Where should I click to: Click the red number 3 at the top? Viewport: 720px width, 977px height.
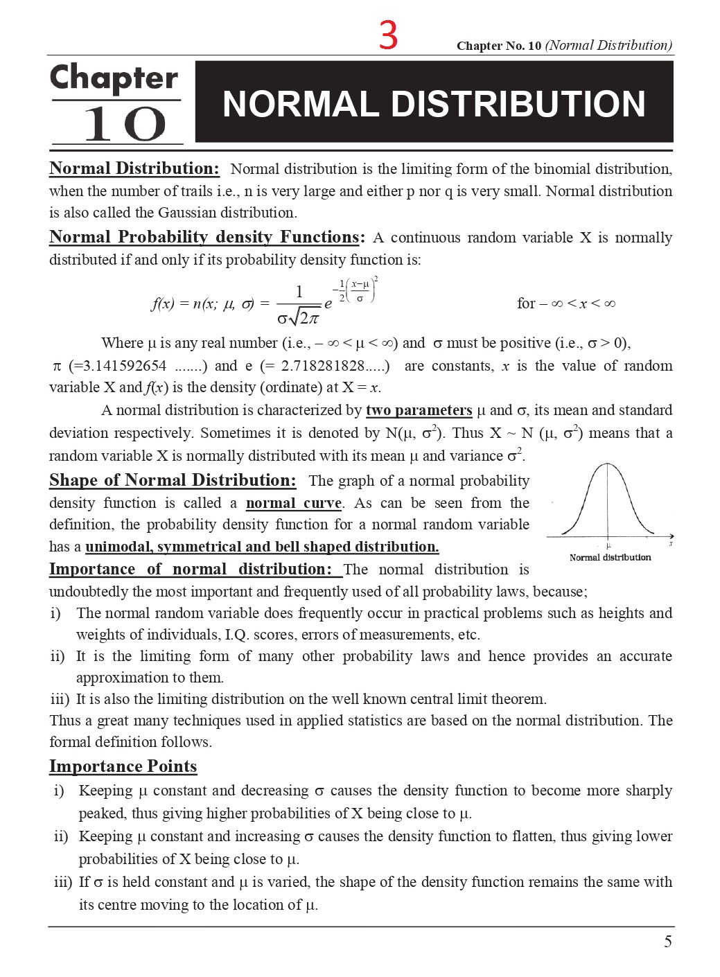click(388, 35)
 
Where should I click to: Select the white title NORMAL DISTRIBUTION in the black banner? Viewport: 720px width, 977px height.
click(434, 104)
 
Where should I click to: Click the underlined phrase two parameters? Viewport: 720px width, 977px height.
click(419, 410)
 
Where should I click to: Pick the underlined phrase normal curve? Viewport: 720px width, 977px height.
click(294, 503)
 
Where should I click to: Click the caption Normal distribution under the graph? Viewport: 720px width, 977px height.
click(610, 557)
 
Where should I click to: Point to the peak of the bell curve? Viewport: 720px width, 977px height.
click(608, 464)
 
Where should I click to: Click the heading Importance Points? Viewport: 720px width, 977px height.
click(123, 766)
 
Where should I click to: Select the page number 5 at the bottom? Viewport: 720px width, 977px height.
click(667, 941)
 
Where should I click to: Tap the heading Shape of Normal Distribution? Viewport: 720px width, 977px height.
click(173, 480)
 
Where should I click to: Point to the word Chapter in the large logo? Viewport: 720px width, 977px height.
click(114, 78)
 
